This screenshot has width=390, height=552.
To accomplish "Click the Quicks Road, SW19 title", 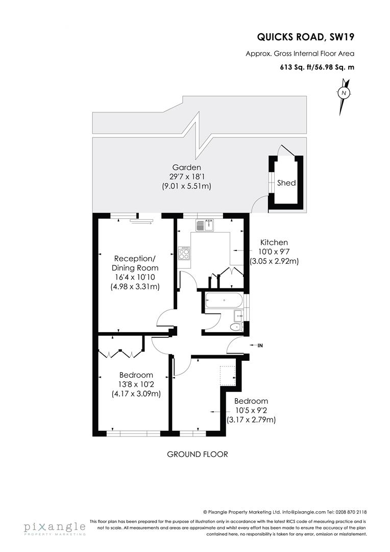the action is coord(305,37).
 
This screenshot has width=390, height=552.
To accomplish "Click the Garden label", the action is coord(186,168).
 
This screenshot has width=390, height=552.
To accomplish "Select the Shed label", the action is coord(286,182).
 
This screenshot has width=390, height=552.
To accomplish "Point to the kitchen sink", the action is coord(205,225).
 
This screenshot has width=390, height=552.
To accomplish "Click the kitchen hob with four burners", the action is coord(184,254).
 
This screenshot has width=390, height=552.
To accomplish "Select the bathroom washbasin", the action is coord(238,316).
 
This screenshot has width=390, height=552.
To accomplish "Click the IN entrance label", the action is coord(260,346).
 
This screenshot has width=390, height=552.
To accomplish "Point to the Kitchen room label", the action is coord(274,242).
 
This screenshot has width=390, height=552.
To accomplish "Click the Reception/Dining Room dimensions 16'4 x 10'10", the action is coord(135,277).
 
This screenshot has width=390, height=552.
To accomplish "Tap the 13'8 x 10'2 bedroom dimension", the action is coord(136,384).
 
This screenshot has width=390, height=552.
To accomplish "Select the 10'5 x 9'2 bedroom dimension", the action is coord(251,410).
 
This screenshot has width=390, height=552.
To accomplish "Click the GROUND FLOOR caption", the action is coord(197,454).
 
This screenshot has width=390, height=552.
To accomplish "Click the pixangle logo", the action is coord(55,527).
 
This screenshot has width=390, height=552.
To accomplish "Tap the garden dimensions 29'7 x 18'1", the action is coord(186,177).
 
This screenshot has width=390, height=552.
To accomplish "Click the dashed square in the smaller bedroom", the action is coord(227,376).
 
